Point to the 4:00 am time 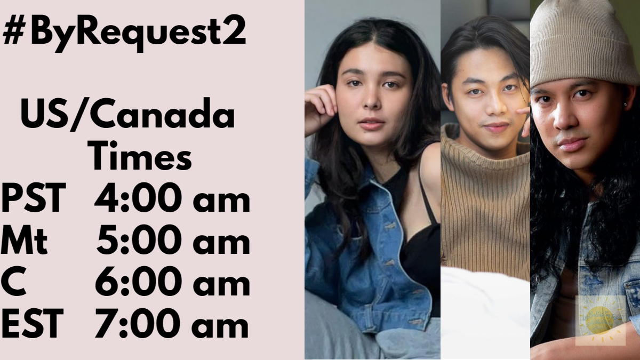[172, 199]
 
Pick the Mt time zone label [25, 242]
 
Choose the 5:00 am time [173, 242]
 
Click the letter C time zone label [13, 283]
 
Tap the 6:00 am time [172, 283]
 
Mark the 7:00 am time [172, 324]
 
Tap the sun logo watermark [601, 320]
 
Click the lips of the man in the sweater [496, 127]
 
